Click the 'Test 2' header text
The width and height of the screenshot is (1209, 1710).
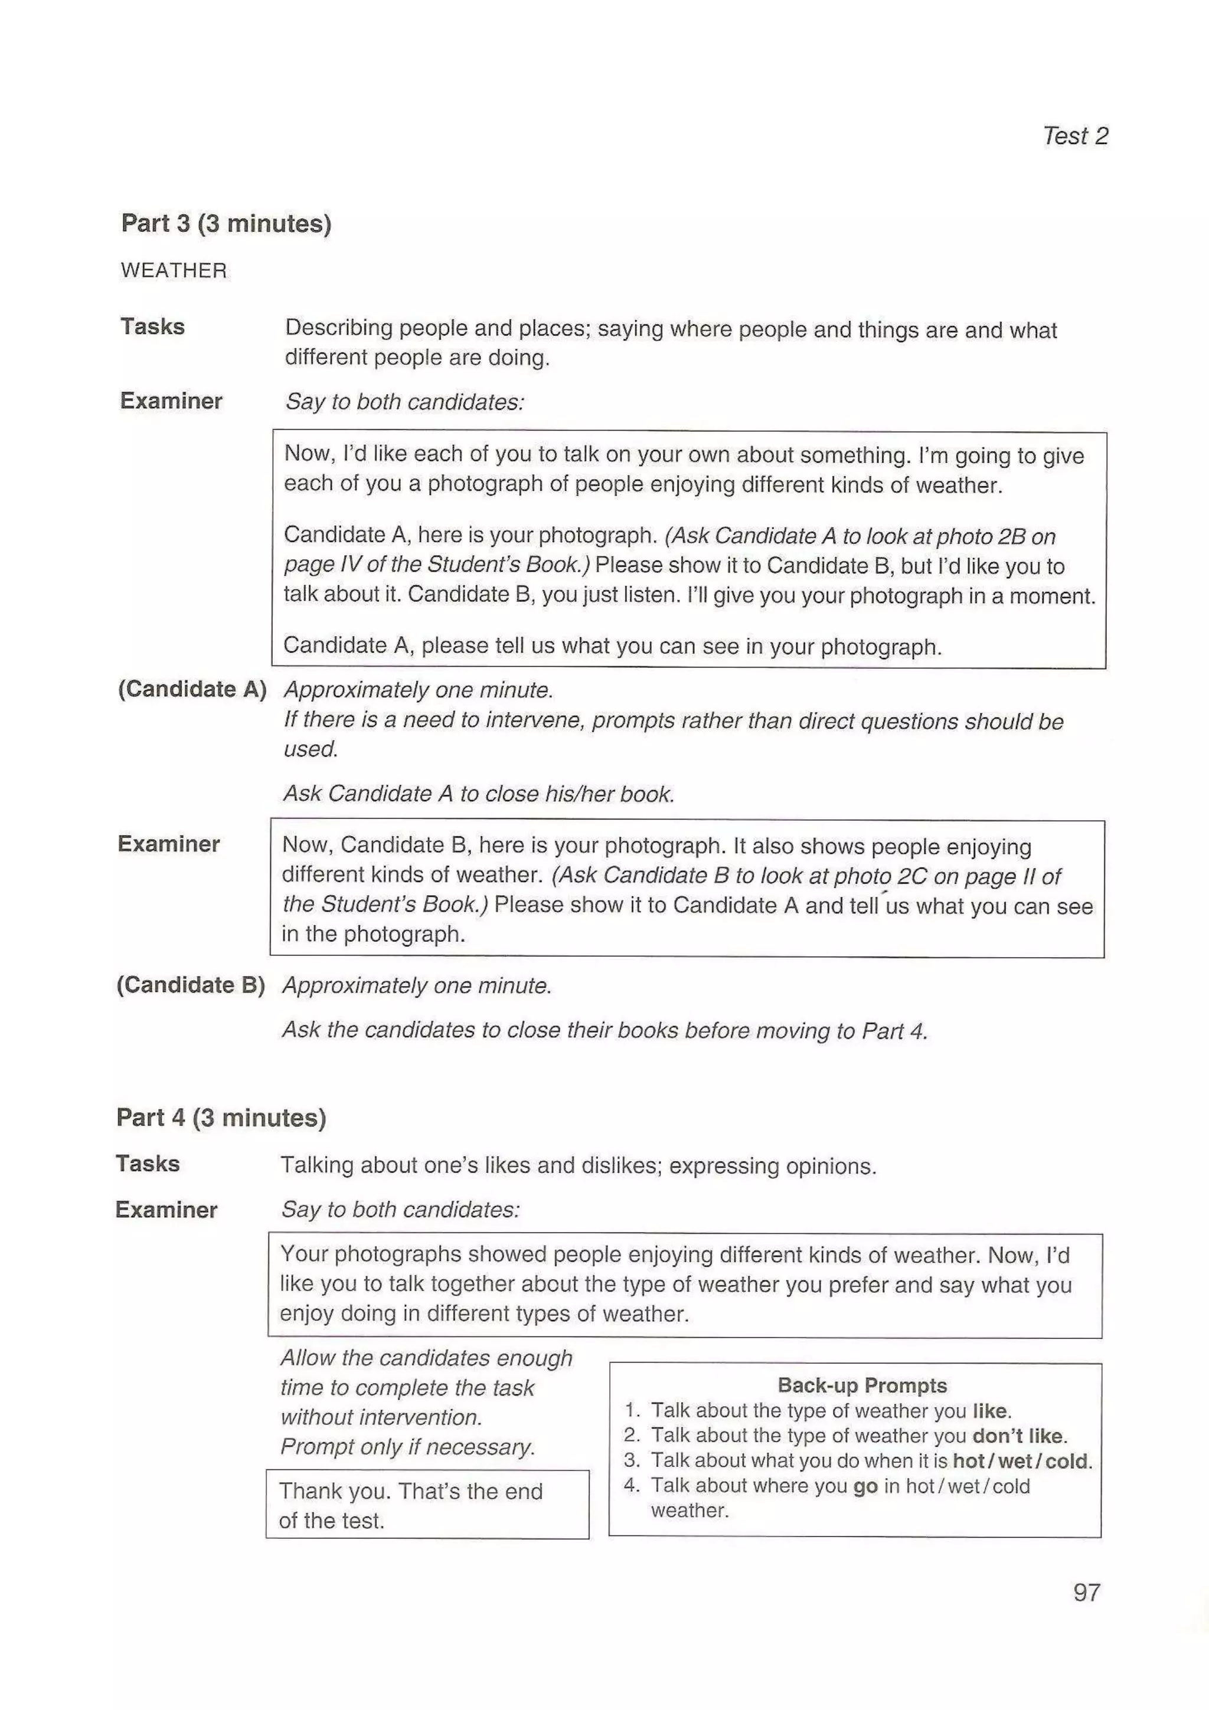point(1074,136)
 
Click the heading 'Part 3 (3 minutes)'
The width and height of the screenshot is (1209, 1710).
point(226,224)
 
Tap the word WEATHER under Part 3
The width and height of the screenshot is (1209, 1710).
point(174,270)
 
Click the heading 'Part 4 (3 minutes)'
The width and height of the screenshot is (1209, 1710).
point(221,1117)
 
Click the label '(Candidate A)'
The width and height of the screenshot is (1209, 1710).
point(192,689)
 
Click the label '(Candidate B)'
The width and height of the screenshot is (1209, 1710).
point(191,985)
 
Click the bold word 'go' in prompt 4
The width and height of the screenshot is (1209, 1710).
point(865,1486)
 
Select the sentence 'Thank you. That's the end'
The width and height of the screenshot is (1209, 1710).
point(410,1491)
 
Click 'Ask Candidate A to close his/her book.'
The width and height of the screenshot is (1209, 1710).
point(478,794)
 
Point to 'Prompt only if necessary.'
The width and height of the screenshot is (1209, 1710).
point(407,1446)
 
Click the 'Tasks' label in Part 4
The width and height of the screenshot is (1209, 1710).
point(148,1164)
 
